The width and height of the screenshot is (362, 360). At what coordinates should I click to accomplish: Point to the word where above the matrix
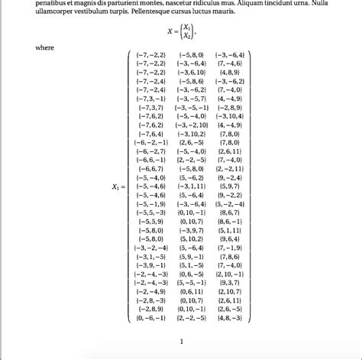coord(45,47)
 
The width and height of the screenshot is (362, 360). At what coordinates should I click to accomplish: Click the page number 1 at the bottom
coord(181,342)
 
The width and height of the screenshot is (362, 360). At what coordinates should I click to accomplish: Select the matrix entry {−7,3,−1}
coord(150,99)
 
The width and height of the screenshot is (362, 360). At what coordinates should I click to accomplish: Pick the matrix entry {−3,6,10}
coord(192,72)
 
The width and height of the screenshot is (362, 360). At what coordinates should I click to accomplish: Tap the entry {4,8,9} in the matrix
coord(230,72)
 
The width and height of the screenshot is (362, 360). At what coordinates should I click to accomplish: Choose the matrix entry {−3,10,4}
coord(230,116)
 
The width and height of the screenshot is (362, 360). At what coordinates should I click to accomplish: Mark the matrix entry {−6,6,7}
coord(150,168)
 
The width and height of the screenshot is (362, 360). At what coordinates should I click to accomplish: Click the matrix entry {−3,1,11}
coord(192,186)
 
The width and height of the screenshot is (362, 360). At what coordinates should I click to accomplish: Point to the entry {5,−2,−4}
coord(230,204)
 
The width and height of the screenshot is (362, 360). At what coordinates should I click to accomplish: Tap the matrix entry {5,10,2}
coord(192,238)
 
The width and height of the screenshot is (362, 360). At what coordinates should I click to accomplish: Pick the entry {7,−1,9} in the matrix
coord(230,248)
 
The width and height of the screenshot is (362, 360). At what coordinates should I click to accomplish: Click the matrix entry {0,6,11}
coord(192,291)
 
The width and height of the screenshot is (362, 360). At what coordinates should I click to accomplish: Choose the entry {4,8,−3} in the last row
coord(230,318)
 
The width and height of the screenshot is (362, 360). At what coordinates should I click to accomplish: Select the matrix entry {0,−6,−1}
coord(150,318)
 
